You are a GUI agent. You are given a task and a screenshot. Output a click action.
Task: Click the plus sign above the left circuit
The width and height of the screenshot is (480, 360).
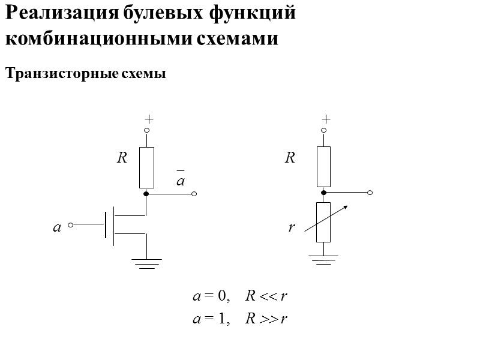pos(146,119)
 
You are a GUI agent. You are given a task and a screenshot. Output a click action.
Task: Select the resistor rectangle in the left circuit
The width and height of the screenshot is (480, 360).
pos(146,167)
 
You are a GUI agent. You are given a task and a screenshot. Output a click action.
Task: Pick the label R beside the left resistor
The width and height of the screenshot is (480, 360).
pos(122,158)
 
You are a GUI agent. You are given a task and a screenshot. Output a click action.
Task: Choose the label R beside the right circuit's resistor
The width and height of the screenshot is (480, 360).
pos(290,158)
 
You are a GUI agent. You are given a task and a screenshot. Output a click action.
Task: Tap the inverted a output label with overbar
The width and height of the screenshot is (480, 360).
pos(179,179)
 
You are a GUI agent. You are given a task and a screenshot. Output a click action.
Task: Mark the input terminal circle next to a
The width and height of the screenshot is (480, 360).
pos(71,225)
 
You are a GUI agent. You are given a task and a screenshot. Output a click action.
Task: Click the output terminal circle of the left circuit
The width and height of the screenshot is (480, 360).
pos(194,194)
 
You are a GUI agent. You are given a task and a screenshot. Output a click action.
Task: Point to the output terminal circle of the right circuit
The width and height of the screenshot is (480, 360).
pos(370,193)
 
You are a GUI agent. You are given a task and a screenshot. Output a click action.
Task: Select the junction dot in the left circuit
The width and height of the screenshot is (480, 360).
pos(146,194)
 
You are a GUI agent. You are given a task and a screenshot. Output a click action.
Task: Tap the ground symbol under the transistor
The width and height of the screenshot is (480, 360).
pos(146,263)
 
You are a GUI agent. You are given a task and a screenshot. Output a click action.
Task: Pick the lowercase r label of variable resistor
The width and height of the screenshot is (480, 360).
pos(291,227)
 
